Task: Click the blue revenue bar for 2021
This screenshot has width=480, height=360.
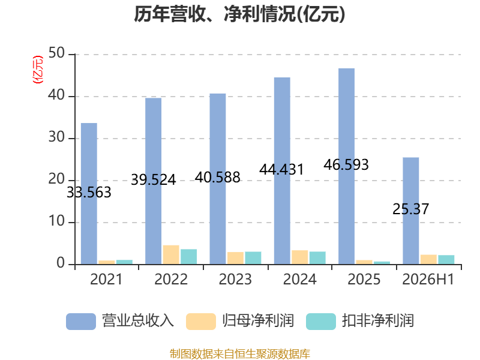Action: pos(89,193)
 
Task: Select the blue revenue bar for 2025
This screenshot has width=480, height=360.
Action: pos(347,166)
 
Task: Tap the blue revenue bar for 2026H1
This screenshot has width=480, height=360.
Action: pos(411,211)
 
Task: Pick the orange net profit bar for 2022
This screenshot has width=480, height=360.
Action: pos(171,254)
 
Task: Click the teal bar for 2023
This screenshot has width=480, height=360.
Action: pos(253,258)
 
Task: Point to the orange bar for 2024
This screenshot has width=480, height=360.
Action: pos(299,257)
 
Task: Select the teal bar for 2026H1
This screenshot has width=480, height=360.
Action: pos(446,260)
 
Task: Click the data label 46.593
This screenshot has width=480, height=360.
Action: pos(346,164)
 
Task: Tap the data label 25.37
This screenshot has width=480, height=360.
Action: pos(410,209)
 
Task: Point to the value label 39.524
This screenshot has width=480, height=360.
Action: pos(154,179)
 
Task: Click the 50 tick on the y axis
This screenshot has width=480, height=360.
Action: pos(56,53)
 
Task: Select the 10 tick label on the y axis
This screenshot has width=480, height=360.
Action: pos(56,221)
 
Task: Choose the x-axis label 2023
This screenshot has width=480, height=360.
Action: pos(235,279)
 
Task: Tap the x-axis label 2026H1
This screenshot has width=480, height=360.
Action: pos(428,279)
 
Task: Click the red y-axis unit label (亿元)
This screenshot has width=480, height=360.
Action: pos(38,70)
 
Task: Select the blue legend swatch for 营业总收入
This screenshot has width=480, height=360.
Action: pos(81,322)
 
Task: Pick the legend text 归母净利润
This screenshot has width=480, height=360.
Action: pos(258,321)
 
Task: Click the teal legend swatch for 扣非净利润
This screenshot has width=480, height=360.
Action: pos(321,322)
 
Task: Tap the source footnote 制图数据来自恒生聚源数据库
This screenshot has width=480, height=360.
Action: pos(240,354)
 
